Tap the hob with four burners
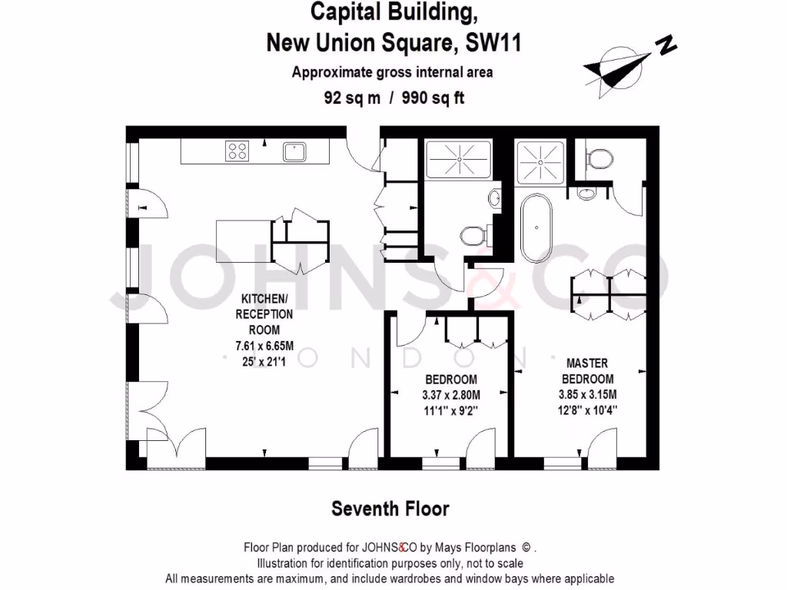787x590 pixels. coord(237,151)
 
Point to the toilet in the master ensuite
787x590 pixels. coord(599,159)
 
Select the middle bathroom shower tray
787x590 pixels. coord(458,159)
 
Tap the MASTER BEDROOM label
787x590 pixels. coord(588,370)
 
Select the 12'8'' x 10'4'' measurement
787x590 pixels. coord(588,410)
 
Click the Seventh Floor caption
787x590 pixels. coord(390,509)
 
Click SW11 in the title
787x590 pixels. coord(493,43)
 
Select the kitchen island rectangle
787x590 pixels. coord(244,241)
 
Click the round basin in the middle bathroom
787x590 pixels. coord(493,197)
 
